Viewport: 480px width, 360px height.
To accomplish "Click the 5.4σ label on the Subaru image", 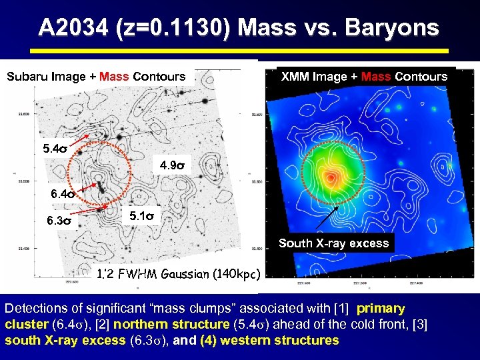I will pyautogui.click(x=55, y=148).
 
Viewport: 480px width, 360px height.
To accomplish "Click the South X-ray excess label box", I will pyautogui.click(x=333, y=243).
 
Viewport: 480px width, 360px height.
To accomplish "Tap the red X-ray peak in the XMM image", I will pyautogui.click(x=331, y=177).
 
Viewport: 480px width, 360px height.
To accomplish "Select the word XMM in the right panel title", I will pyautogui.click(x=295, y=77).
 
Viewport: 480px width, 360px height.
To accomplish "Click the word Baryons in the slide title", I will pyautogui.click(x=394, y=28).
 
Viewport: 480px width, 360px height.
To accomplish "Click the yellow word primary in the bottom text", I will pyautogui.click(x=381, y=309).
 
